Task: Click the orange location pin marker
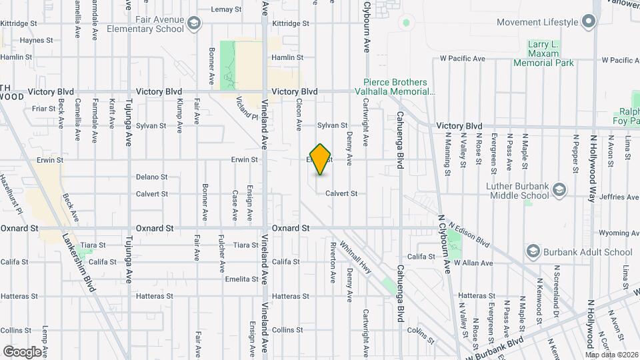321,159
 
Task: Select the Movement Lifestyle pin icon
588,22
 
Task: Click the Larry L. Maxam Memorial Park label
543,53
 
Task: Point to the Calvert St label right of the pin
341,194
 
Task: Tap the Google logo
21,351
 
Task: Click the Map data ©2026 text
608,355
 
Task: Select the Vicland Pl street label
247,107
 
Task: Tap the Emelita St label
242,279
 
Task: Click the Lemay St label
226,9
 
